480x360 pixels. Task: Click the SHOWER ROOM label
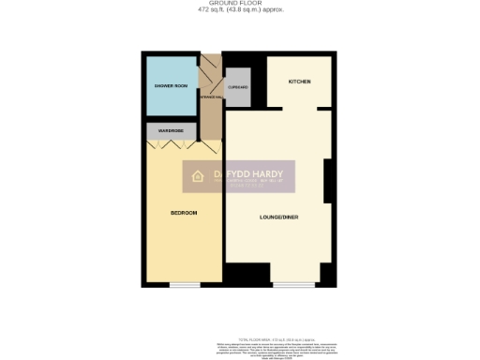point(171,86)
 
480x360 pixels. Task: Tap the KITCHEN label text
point(299,82)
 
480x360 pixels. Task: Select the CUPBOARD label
point(237,86)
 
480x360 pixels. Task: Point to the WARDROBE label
point(170,130)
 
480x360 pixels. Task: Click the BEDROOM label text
point(184,213)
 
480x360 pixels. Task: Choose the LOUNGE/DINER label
point(279,217)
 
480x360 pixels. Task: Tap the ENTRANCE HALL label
point(211,97)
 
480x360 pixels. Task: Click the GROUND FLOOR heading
point(240,5)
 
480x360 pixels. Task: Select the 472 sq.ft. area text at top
point(240,10)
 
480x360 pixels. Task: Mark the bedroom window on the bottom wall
point(184,284)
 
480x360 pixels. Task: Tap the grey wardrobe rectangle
point(170,131)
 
